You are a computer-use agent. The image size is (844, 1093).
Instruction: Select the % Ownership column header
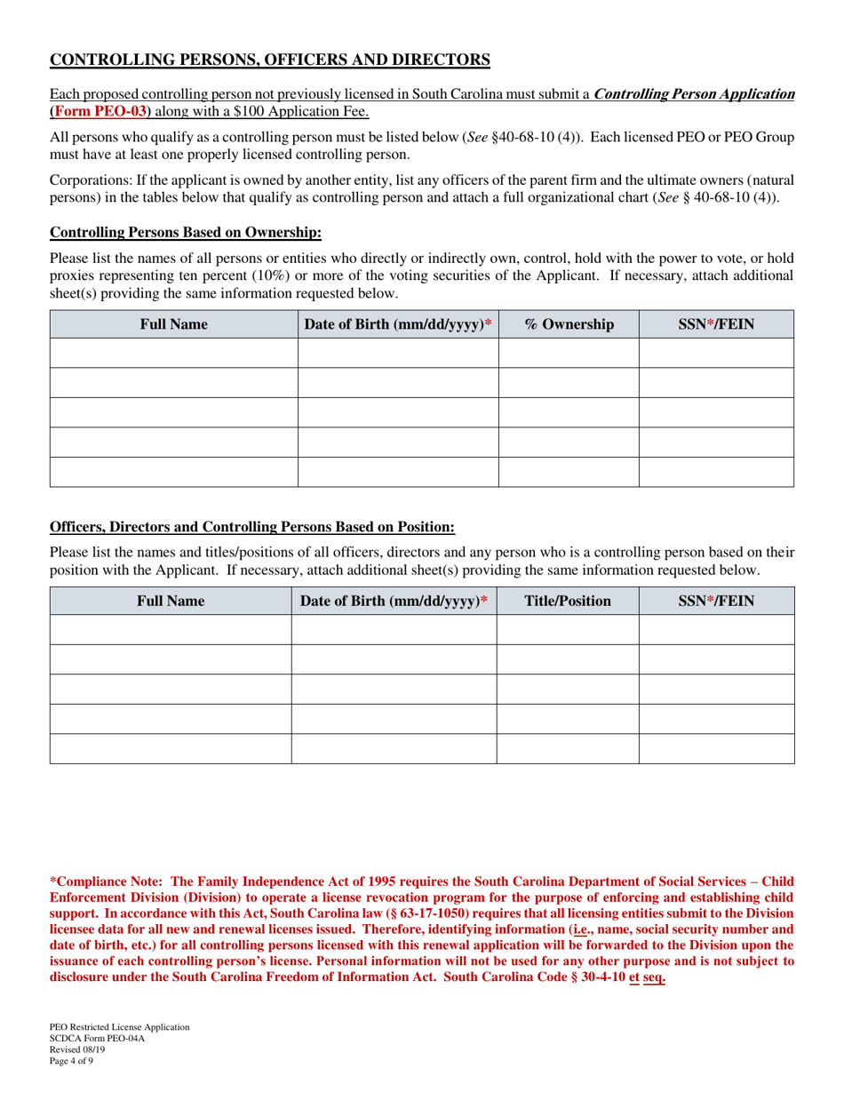tap(569, 324)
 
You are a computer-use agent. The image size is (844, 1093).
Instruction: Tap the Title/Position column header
tap(568, 601)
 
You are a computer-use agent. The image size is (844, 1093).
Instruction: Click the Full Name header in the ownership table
tap(173, 324)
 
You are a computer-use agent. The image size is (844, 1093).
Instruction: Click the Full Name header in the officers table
tap(170, 601)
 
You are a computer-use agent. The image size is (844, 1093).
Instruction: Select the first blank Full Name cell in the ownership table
tap(173, 353)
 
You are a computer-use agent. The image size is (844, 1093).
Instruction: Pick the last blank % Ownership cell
tap(569, 472)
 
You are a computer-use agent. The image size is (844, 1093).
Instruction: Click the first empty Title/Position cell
tap(568, 629)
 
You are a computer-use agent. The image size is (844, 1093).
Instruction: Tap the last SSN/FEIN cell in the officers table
tap(716, 748)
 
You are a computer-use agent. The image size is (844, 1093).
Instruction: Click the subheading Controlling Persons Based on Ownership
tap(185, 233)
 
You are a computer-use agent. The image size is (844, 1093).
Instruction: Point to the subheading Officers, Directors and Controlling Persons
tap(252, 527)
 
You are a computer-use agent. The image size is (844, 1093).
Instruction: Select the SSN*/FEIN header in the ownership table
tap(716, 324)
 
